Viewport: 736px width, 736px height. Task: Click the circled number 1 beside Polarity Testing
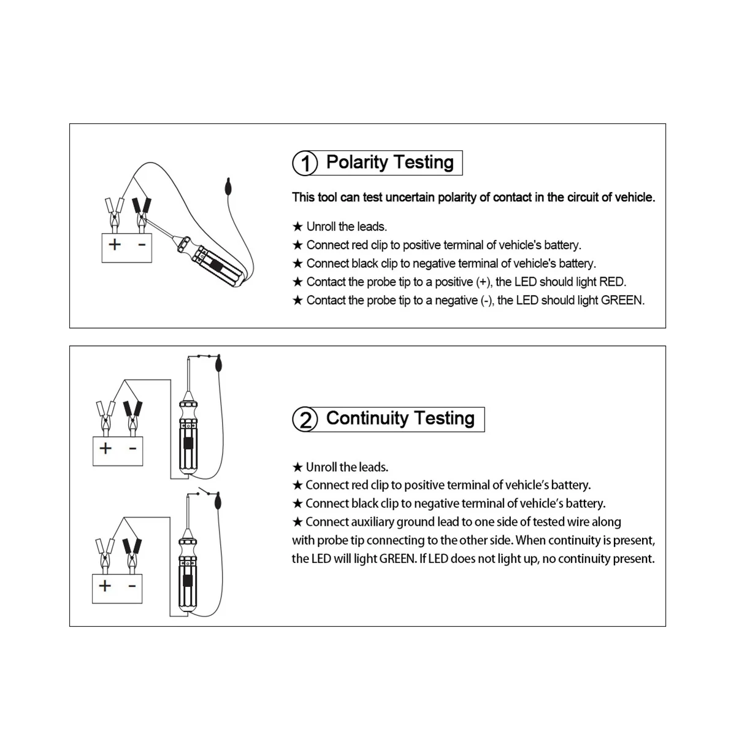click(x=305, y=164)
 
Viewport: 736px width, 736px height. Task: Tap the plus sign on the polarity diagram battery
click(x=115, y=245)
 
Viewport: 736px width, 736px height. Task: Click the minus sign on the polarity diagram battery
click(x=141, y=245)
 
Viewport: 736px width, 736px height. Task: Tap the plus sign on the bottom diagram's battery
click(x=105, y=586)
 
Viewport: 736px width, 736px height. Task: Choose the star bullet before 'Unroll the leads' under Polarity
click(x=297, y=227)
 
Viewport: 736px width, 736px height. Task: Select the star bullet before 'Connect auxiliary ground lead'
click(x=297, y=522)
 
